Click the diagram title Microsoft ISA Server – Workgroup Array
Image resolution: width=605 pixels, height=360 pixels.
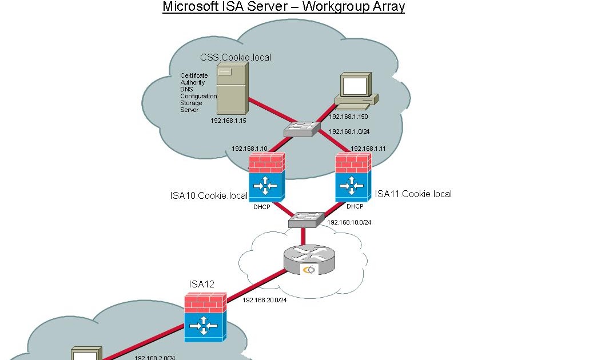pos(284,7)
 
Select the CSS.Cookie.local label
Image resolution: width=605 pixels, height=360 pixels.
pos(236,57)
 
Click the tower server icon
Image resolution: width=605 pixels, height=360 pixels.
pos(232,89)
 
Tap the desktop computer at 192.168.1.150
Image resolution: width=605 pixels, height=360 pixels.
pos(356,90)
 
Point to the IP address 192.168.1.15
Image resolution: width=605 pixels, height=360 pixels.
pos(228,121)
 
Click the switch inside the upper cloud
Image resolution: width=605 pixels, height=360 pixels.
pos(301,129)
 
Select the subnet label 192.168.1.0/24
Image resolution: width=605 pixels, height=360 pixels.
pos(349,131)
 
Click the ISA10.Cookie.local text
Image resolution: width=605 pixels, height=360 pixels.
pos(209,195)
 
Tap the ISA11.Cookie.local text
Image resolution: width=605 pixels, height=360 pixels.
pos(413,194)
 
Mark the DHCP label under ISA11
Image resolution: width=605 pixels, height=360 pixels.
pos(355,206)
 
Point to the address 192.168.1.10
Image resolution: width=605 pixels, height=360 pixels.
pos(249,149)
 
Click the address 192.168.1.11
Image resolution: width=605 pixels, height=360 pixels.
pos(368,149)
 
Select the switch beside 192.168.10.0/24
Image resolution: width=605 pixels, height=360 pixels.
pos(306,219)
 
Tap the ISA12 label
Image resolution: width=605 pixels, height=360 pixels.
pos(201,284)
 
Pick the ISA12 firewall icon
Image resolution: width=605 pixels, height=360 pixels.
pos(205,318)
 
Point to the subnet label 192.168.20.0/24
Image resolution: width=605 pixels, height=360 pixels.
pos(264,299)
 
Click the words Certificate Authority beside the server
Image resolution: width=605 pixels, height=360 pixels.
pos(194,79)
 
